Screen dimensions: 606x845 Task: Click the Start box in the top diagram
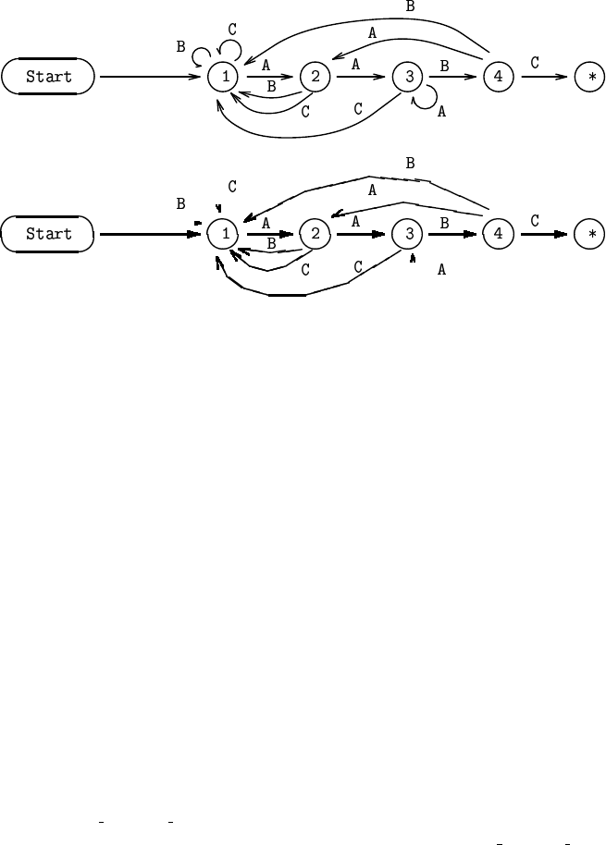48,77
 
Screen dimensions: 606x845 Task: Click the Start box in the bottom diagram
48,234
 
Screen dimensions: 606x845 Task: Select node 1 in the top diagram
224,77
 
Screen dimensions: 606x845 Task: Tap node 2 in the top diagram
315,77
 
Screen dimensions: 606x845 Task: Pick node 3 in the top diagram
407,77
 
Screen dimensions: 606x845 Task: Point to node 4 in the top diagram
499,77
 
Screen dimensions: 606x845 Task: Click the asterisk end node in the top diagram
590,77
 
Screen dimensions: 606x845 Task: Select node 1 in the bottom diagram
224,234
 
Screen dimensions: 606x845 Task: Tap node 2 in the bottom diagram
315,234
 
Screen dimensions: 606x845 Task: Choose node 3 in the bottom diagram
407,234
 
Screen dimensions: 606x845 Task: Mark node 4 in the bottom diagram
499,234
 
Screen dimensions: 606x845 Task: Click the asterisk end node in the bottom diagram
590,234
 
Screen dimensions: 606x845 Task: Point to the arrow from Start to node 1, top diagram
153,77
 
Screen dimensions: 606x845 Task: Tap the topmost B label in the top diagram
411,6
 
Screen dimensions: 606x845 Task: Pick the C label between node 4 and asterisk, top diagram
535,63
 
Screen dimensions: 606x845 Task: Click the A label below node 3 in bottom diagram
442,270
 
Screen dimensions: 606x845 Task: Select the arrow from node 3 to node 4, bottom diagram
452,234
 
